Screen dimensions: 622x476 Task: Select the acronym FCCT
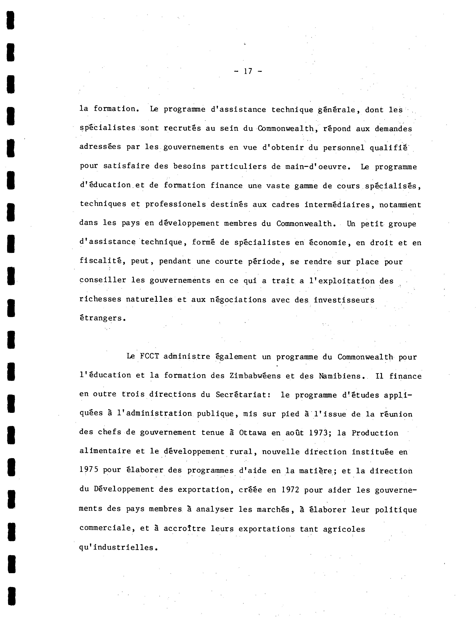149,356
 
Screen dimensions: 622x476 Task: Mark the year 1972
290,490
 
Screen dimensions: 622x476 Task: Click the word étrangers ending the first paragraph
102,318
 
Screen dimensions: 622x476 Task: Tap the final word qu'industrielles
118,547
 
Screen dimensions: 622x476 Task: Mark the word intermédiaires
337,204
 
